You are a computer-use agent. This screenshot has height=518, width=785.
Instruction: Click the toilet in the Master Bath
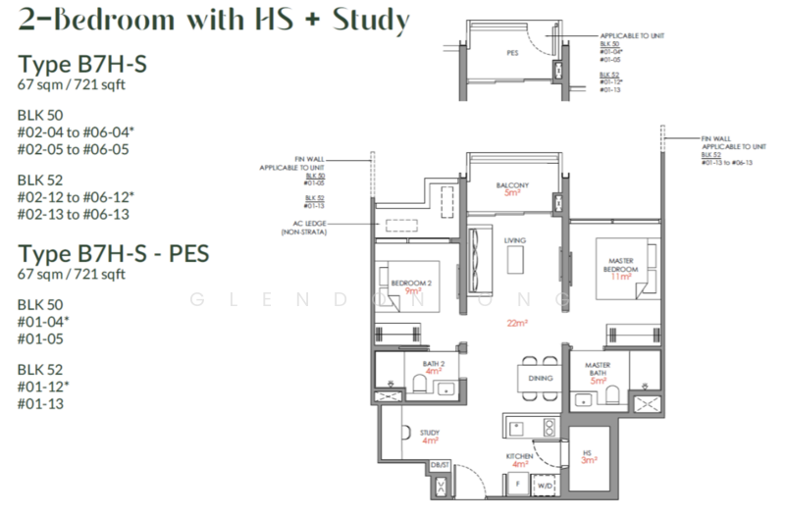coord(612,392)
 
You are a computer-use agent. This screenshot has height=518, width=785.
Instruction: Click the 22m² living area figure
coord(512,323)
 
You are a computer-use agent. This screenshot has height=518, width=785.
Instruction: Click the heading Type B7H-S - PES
coord(113,255)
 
